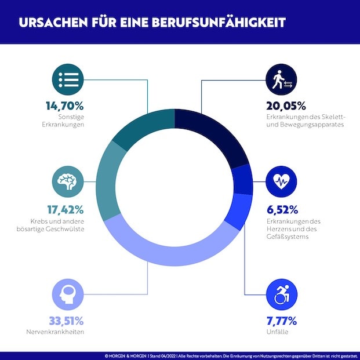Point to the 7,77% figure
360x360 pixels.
point(277,321)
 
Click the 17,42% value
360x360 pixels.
point(65,209)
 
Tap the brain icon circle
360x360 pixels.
point(68,181)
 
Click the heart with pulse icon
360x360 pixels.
point(282,181)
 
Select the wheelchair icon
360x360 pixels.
point(282,294)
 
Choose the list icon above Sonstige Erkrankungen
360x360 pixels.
point(68,79)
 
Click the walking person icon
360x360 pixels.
point(282,79)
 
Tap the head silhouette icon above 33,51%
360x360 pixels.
point(68,294)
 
